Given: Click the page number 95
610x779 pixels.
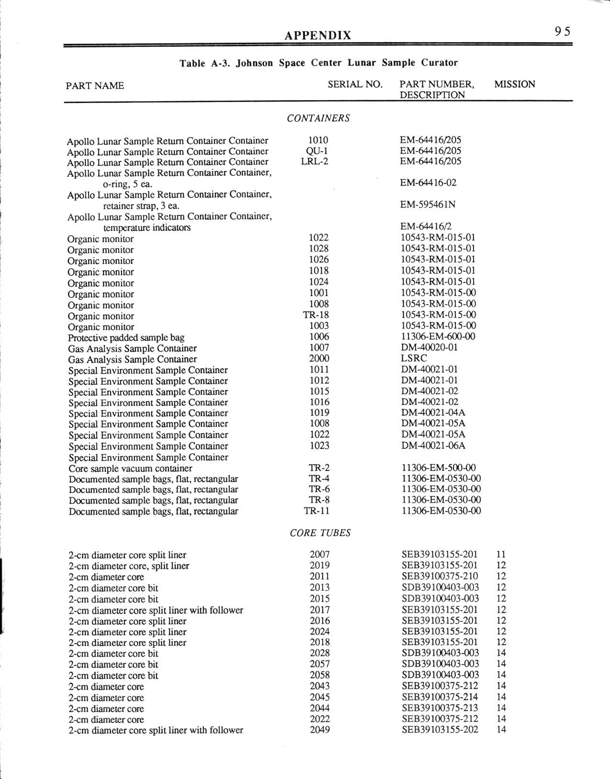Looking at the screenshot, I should pyautogui.click(x=563, y=32).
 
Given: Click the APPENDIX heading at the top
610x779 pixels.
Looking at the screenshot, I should pyautogui.click(x=317, y=35).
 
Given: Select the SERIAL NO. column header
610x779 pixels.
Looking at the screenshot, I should pyautogui.click(x=355, y=85).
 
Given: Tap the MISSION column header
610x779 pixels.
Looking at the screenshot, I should pyautogui.click(x=514, y=85).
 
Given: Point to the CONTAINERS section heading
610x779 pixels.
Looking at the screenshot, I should pyautogui.click(x=318, y=118).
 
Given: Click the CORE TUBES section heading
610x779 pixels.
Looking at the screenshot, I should pyautogui.click(x=320, y=533).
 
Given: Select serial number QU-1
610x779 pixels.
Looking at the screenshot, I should pyautogui.click(x=316, y=151).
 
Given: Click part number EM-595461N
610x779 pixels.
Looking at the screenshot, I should pyautogui.click(x=428, y=205).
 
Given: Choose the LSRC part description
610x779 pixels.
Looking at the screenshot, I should pyautogui.click(x=414, y=358).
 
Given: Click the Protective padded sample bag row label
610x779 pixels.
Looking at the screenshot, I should pyautogui.click(x=126, y=338).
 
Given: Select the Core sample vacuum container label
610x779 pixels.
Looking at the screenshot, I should pyautogui.click(x=130, y=469).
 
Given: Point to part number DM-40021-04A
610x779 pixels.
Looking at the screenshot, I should pyautogui.click(x=433, y=412).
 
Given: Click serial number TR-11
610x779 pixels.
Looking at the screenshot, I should pyautogui.click(x=316, y=511).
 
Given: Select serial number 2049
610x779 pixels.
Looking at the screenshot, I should pyautogui.click(x=319, y=730).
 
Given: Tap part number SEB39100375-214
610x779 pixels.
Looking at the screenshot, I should pyautogui.click(x=440, y=697).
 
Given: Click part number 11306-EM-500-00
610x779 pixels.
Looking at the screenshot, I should pyautogui.click(x=438, y=468).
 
